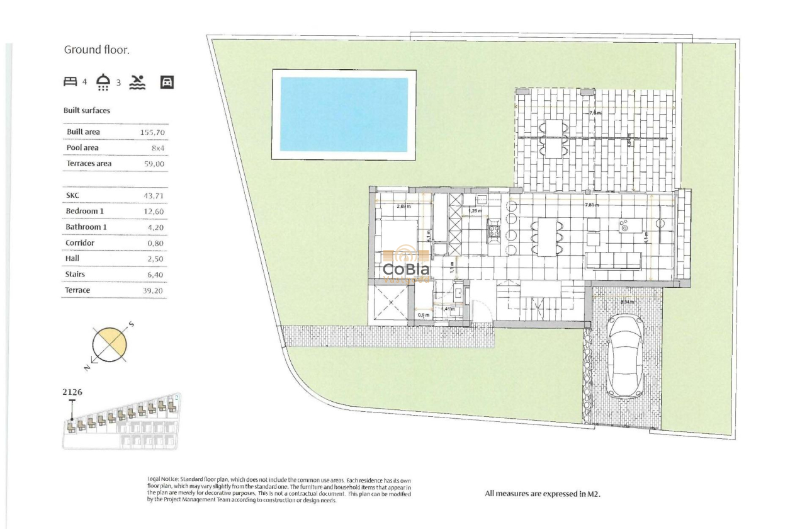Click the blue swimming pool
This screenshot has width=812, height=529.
[344, 115]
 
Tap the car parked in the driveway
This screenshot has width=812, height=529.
[625, 356]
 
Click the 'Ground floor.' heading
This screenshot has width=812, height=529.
[96, 50]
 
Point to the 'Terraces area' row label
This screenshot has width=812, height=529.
[89, 164]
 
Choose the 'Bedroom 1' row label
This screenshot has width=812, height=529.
[84, 211]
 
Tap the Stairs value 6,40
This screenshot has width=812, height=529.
[154, 275]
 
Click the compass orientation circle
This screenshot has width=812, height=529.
[110, 344]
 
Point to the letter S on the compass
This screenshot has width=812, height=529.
[131, 324]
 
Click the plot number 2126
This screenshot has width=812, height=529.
[72, 392]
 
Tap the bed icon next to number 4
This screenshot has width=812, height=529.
[70, 81]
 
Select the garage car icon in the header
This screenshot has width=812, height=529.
[167, 81]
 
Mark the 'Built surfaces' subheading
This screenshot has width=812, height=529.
[87, 110]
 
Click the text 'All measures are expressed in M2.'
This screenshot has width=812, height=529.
[543, 494]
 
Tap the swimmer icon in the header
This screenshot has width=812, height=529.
[137, 81]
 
